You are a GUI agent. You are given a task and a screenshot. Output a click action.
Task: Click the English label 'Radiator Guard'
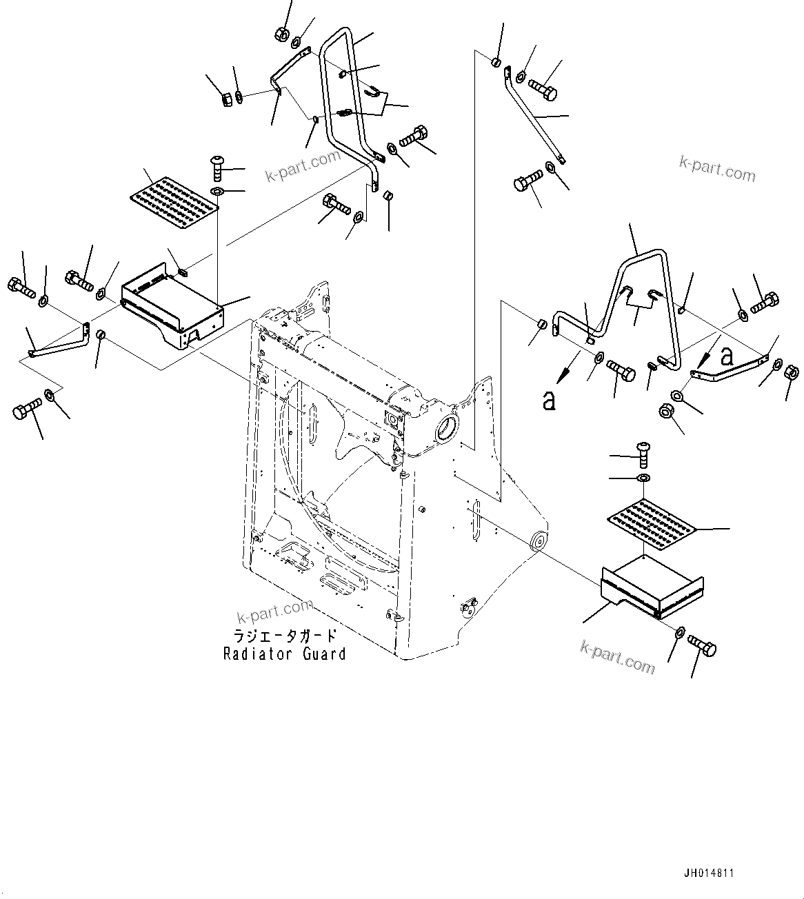[284, 654]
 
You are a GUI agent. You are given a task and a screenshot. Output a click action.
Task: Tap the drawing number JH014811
[708, 873]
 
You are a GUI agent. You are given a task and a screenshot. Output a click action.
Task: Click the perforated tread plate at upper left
[174, 195]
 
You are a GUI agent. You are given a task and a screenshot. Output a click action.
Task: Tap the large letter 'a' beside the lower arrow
[549, 401]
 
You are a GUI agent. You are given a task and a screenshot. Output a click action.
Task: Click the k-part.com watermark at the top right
[717, 168]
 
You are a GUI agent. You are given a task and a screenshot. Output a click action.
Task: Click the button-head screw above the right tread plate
[642, 452]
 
